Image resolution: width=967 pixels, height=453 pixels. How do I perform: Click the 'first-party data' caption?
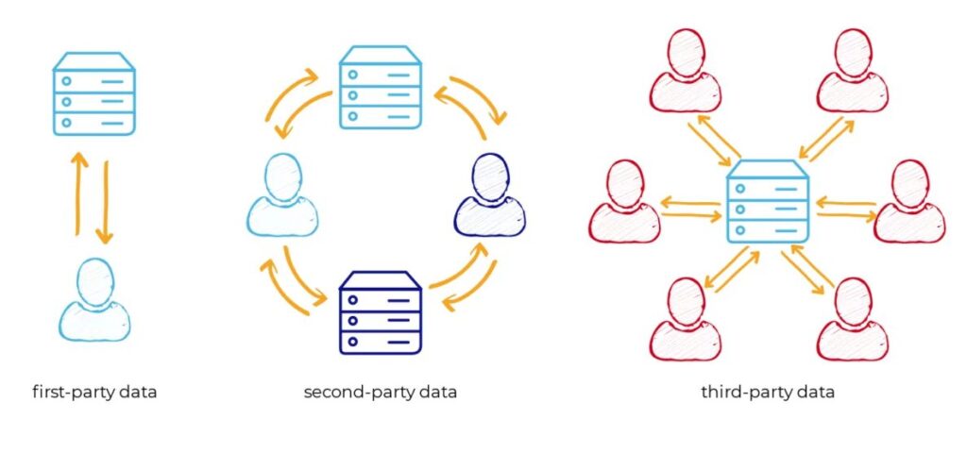point(94,392)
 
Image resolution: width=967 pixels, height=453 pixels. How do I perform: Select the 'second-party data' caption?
point(381,392)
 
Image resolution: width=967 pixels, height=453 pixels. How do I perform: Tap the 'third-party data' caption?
point(768,392)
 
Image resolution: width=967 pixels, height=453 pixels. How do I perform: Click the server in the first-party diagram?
point(93,93)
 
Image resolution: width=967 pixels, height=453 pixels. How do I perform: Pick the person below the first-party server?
point(95,299)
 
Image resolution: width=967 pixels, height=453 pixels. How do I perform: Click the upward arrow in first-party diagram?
point(77,193)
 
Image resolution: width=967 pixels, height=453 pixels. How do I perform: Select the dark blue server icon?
point(380,313)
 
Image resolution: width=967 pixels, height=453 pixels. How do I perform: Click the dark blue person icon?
point(490,194)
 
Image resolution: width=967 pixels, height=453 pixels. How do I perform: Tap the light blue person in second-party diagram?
point(282,194)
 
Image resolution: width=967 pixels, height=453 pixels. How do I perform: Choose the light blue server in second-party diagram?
point(380,87)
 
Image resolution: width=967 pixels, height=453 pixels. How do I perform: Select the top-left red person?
point(686,70)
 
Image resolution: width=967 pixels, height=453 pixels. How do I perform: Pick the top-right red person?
point(853,70)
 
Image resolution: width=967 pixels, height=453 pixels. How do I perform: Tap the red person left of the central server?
point(625,201)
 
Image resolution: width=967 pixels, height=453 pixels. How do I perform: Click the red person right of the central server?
point(909,201)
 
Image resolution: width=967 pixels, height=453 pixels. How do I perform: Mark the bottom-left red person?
point(686,319)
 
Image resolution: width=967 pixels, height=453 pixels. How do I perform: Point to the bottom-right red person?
point(853,319)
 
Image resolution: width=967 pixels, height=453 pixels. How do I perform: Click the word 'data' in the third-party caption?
point(817,392)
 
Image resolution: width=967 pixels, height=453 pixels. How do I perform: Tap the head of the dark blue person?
point(490,176)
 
